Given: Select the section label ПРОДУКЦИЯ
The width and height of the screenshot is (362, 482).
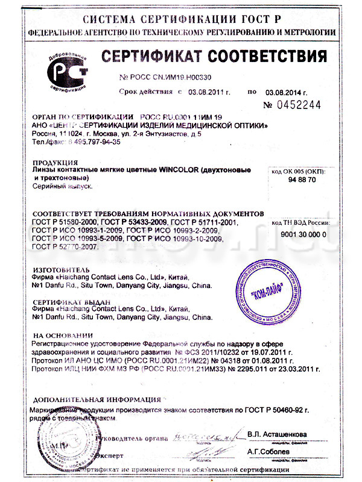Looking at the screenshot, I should [54, 162].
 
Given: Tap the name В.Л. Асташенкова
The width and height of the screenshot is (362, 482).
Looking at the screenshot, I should [277, 434].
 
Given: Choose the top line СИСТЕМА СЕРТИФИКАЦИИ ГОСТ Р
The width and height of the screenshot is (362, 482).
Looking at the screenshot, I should [181, 13].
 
